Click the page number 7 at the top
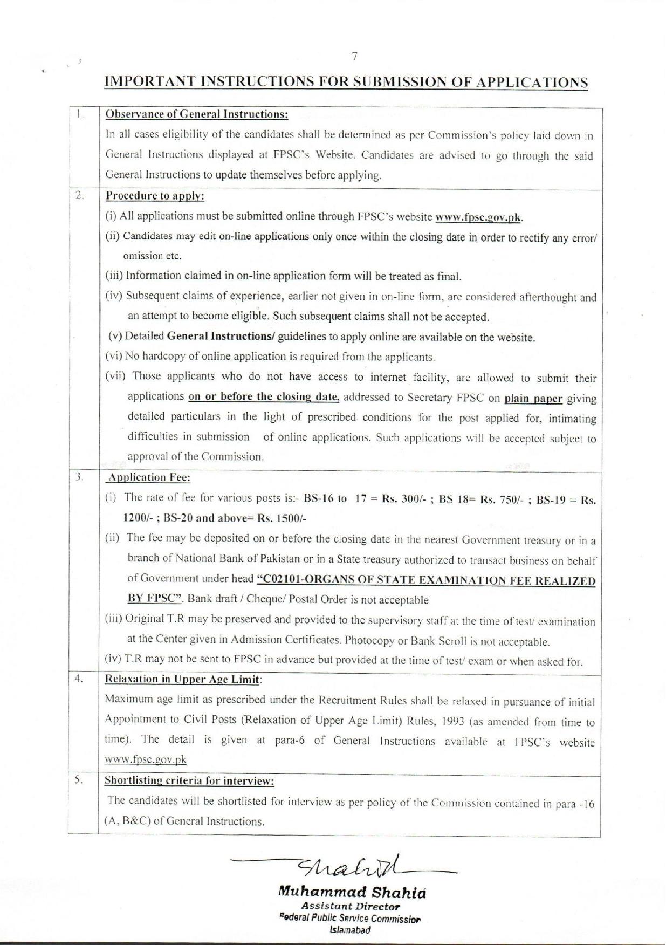(354, 57)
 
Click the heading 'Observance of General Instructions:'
(196, 114)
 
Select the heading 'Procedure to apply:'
(155, 196)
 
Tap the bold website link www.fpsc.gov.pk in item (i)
(478, 217)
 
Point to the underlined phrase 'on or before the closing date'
(264, 396)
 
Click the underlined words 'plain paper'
(533, 399)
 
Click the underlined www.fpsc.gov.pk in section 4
(146, 759)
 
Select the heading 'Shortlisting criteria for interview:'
(189, 780)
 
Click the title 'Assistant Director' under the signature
(351, 907)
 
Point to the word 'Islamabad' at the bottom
(350, 930)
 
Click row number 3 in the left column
(79, 477)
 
